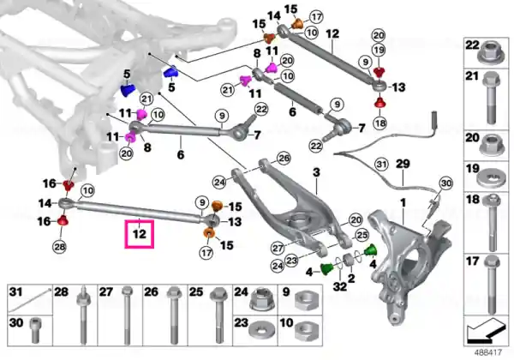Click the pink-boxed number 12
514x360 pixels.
[140, 232]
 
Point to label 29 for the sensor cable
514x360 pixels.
[403, 164]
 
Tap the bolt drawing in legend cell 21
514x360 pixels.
[492, 95]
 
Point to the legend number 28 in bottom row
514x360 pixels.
[62, 293]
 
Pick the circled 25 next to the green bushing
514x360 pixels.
[362, 235]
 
